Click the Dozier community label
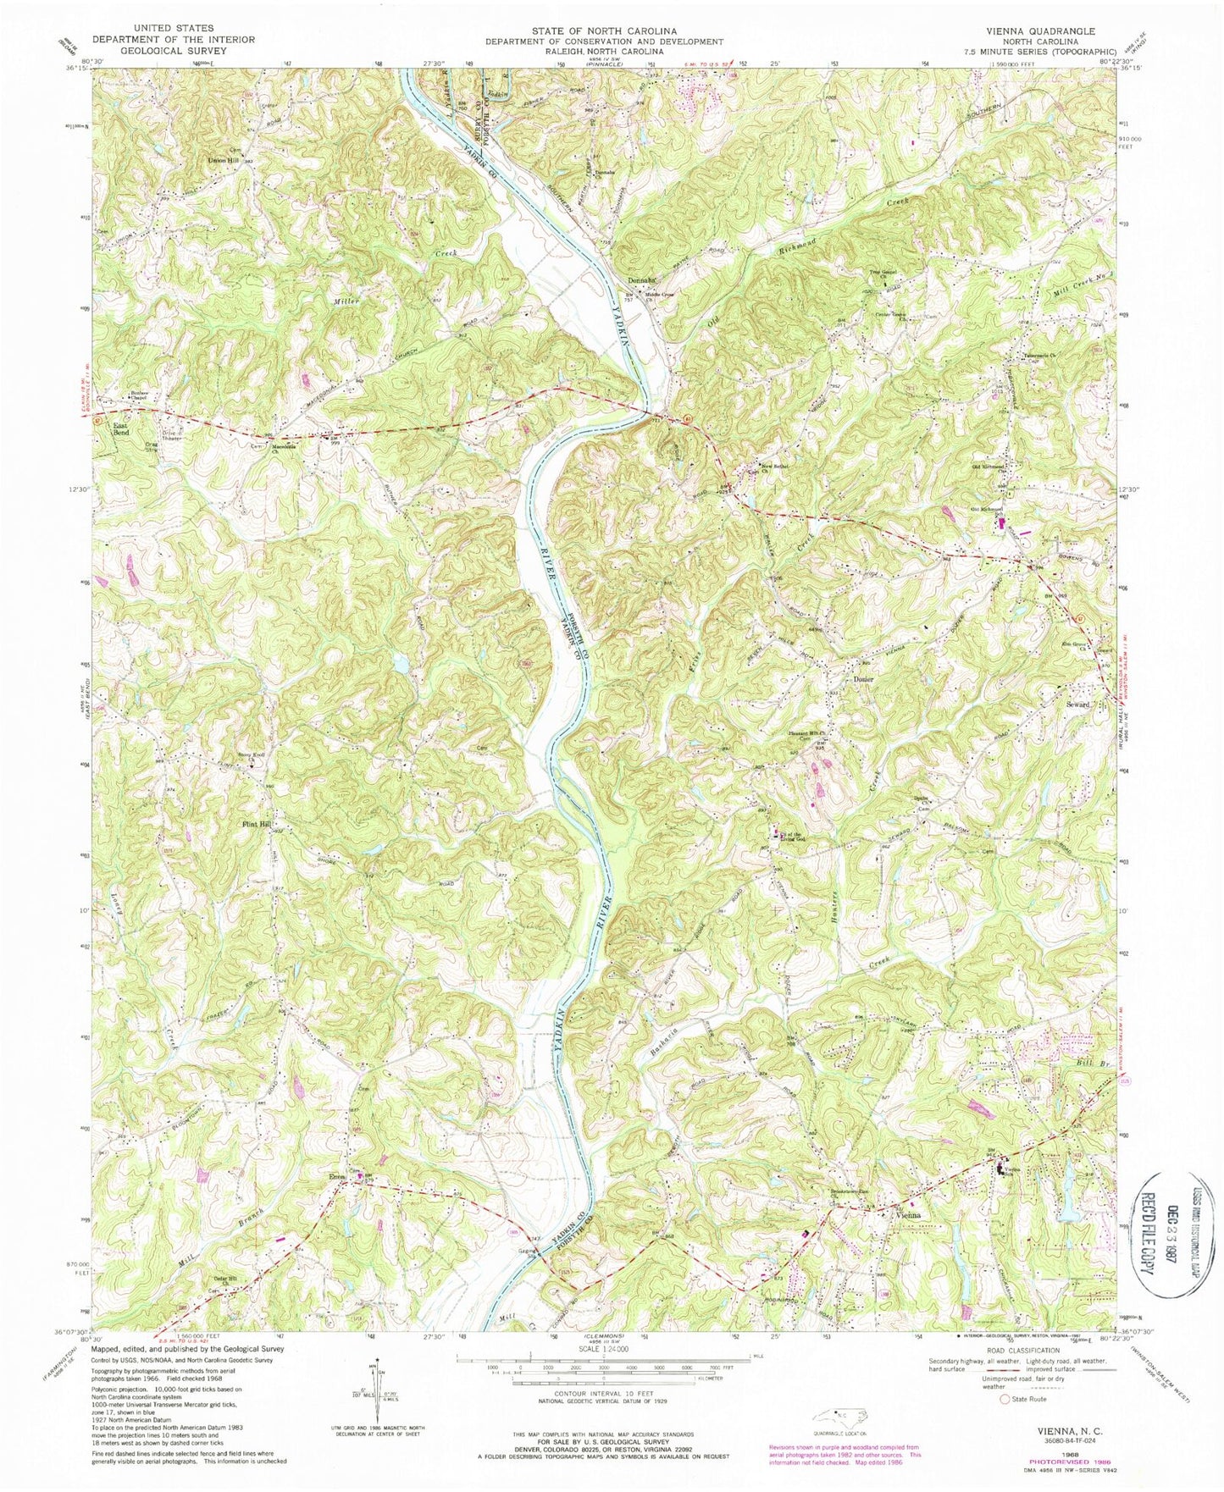863,679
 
